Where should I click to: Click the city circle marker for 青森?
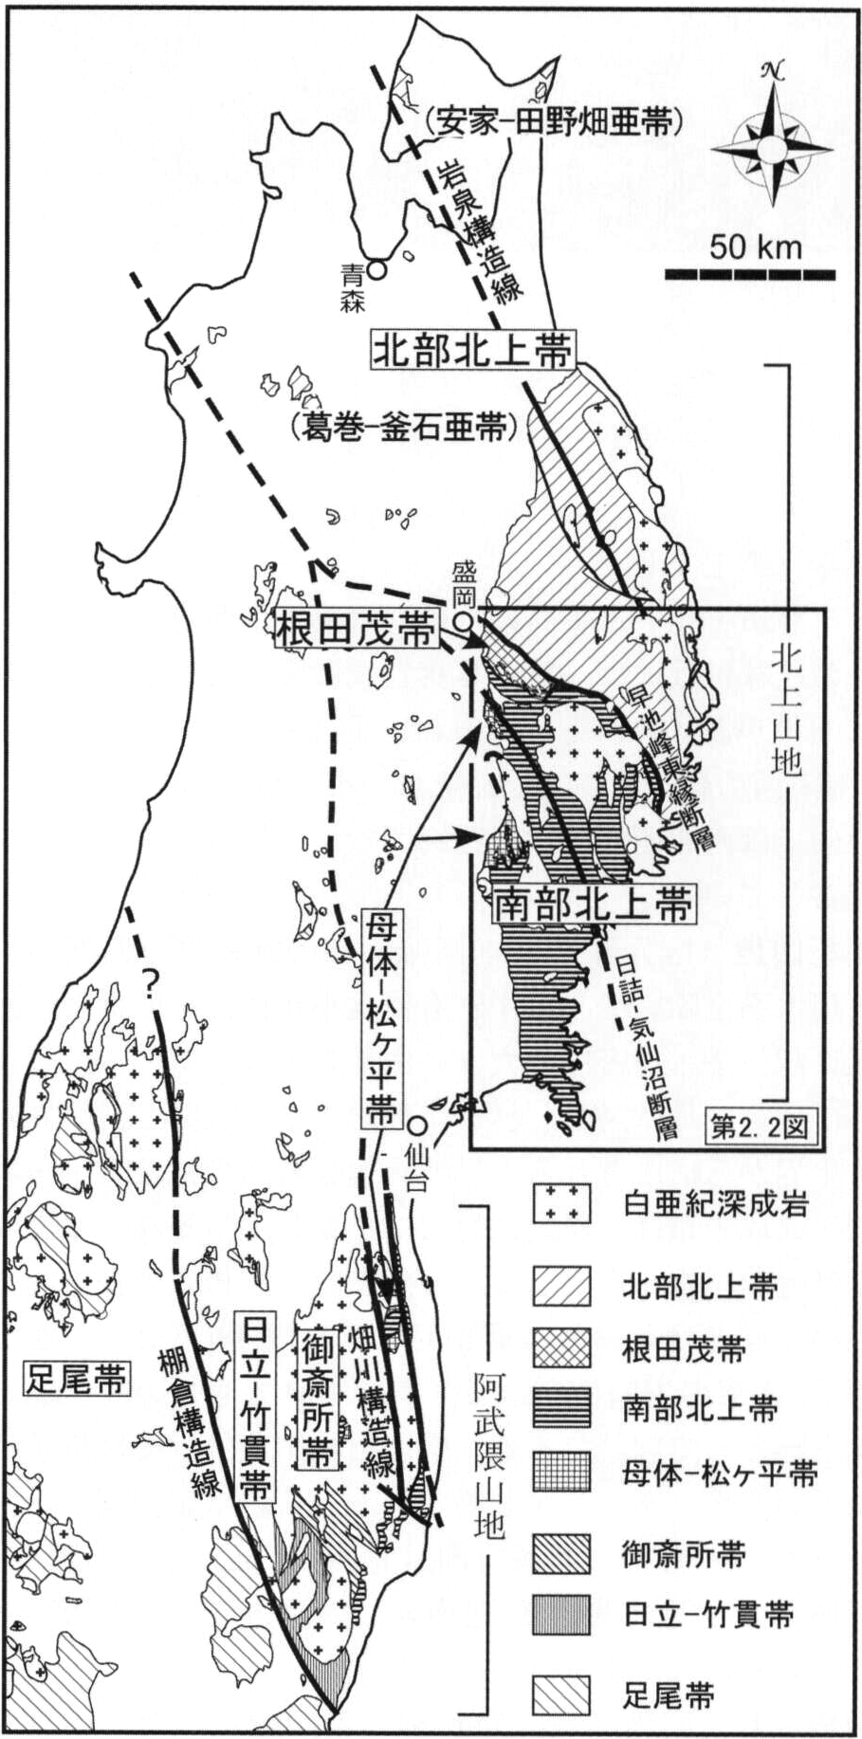click(377, 269)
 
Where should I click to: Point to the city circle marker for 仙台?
click(417, 1126)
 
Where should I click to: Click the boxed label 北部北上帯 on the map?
click(471, 351)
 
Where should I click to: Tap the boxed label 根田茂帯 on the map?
click(357, 629)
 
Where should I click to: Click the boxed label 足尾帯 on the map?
click(76, 1378)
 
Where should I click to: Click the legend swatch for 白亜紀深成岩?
click(562, 1204)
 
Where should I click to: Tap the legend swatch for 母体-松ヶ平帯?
click(562, 1473)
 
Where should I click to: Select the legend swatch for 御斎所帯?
click(562, 1553)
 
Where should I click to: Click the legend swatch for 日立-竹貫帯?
click(562, 1615)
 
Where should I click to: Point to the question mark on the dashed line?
click(149, 984)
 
